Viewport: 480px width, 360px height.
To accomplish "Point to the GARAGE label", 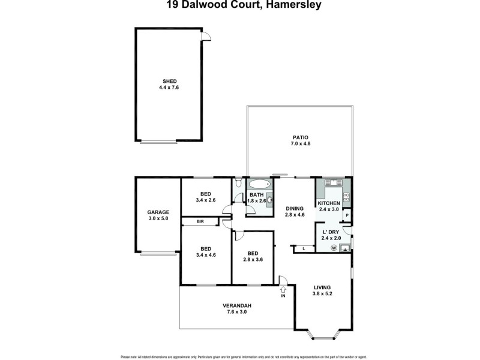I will pyautogui.click(x=158, y=212).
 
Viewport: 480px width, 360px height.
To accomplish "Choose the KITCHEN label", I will pyautogui.click(x=329, y=203).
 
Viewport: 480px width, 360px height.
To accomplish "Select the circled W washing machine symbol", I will pyautogui.click(x=334, y=247).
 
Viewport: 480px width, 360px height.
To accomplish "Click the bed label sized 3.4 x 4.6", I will pyautogui.click(x=206, y=249).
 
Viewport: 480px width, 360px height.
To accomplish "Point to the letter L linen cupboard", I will pyautogui.click(x=304, y=247).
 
